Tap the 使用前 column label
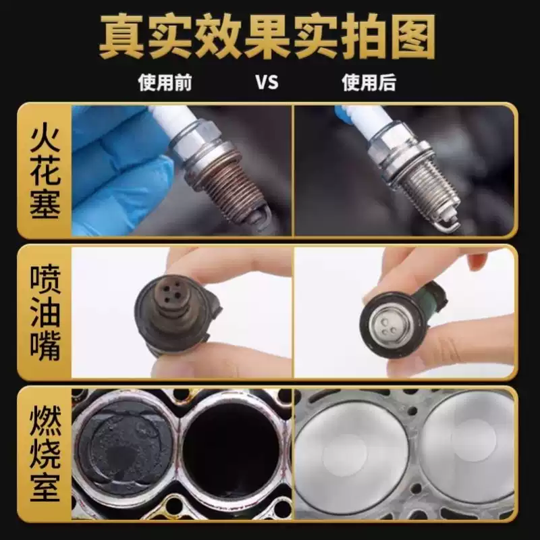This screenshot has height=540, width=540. [x=165, y=82]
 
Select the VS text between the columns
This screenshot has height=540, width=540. [x=267, y=82]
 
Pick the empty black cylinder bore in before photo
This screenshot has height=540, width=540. [x=233, y=452]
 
